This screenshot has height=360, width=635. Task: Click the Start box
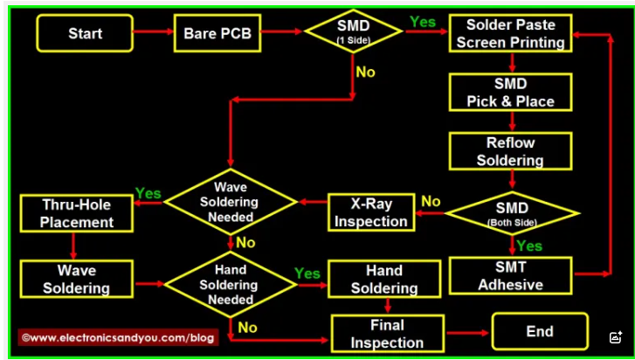pos(85,33)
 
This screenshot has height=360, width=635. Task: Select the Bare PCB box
pos(217,33)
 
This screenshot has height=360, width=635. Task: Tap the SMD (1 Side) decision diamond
pos(353,31)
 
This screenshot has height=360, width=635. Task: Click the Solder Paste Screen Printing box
pos(510,33)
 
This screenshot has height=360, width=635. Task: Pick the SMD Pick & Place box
pos(510,93)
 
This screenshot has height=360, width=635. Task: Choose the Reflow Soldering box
pos(510,151)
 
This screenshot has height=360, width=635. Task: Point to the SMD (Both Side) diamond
pos(512,212)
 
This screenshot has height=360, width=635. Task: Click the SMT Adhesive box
pos(510,275)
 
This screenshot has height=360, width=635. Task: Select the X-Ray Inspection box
pos(370,212)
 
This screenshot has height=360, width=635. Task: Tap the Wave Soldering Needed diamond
pos(232,202)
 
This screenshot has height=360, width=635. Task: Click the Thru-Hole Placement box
pos(77,213)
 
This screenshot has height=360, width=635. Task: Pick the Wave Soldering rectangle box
pos(77,279)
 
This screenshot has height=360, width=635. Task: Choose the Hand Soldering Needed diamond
pos(232,284)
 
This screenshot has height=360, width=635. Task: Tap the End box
pos(539,331)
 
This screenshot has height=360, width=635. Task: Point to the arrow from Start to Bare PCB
pos(153,33)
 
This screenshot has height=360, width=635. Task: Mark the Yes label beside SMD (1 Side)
pos(423,22)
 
